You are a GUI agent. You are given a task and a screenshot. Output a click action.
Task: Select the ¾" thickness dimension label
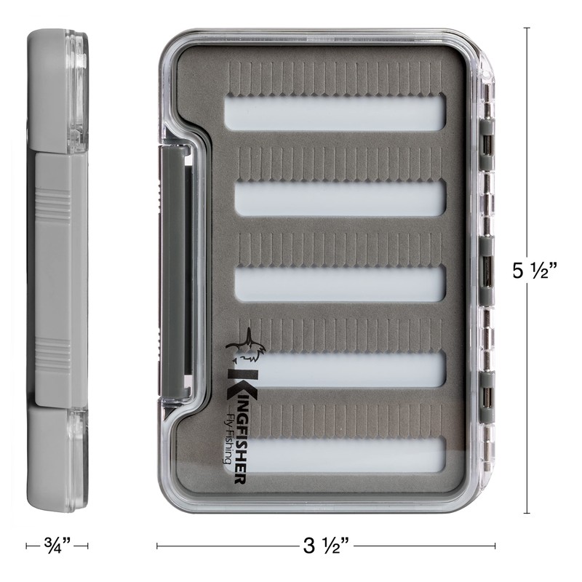point(57,544)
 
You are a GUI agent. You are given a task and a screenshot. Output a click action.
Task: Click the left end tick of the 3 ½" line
point(157,544)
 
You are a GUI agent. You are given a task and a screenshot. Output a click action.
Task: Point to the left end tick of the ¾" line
point(27,544)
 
